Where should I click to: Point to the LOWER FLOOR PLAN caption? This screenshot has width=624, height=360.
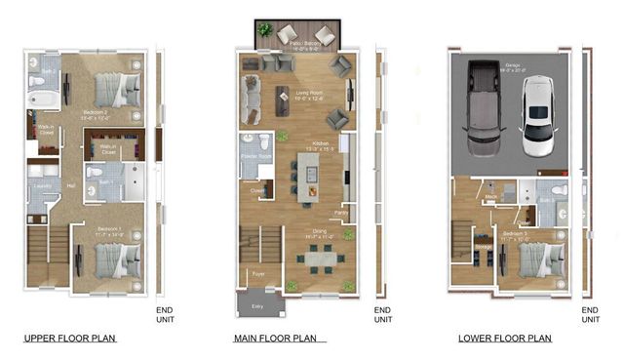tap(505, 340)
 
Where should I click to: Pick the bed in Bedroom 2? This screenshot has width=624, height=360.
tap(119, 91)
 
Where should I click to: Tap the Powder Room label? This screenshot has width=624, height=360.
tap(254, 156)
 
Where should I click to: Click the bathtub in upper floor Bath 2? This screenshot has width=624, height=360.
tap(43, 99)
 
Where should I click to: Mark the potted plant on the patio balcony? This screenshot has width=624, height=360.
tap(264, 31)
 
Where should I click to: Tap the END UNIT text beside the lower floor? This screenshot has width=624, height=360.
tap(591, 313)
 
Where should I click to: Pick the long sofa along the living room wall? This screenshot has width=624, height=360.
tap(251, 97)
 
